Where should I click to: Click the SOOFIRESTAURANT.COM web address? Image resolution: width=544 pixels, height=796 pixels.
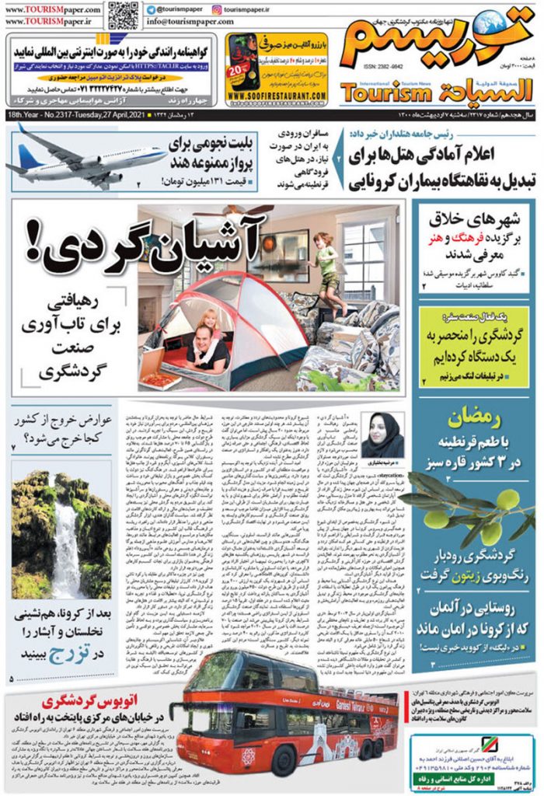pyautogui.click(x=276, y=96)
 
